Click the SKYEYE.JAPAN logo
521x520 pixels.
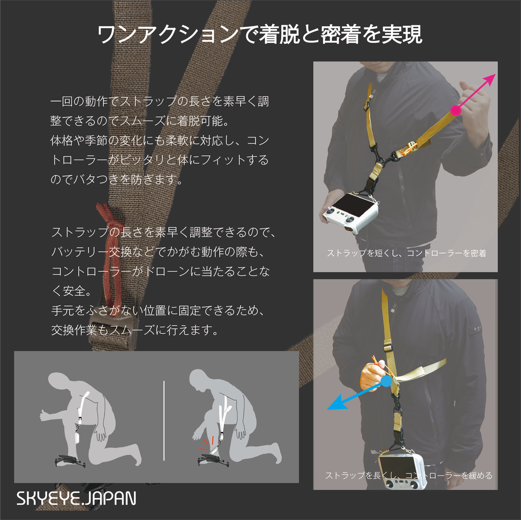[x=76, y=498]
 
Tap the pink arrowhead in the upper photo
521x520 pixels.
[x=489, y=80]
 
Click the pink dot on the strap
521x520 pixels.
[x=456, y=110]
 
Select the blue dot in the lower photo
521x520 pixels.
[x=386, y=381]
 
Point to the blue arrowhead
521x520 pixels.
[x=335, y=403]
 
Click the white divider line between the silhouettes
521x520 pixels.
[x=164, y=421]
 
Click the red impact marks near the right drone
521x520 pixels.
[x=206, y=443]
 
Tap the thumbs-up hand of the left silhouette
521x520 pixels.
[x=47, y=416]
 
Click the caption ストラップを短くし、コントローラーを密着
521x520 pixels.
[x=406, y=253]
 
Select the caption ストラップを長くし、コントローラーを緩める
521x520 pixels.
[x=409, y=475]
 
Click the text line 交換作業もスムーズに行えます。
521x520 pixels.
[x=135, y=330]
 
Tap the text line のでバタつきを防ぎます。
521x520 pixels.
[x=116, y=180]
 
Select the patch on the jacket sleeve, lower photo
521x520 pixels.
[x=475, y=329]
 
